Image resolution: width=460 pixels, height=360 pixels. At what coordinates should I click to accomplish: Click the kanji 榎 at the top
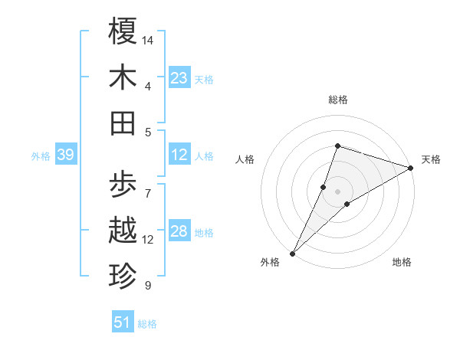click(123, 31)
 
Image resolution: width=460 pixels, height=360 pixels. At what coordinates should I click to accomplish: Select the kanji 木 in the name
click(123, 77)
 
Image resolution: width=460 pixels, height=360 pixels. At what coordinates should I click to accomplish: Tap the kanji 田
click(123, 123)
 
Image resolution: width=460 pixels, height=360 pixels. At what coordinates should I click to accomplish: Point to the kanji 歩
click(123, 185)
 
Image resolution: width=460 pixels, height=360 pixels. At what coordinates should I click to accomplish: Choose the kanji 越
click(123, 231)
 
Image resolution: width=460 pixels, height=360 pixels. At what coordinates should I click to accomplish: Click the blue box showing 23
click(179, 78)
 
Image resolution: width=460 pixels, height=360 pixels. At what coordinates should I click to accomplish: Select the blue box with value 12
click(179, 155)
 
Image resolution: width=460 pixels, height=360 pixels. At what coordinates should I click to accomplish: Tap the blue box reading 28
click(179, 232)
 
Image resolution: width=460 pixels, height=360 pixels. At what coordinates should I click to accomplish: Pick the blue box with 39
click(65, 155)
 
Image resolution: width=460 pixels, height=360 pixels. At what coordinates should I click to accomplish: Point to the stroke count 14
click(149, 39)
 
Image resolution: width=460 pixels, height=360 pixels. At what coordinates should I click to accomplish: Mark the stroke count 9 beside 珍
click(148, 286)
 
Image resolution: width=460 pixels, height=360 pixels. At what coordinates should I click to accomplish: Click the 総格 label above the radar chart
click(337, 100)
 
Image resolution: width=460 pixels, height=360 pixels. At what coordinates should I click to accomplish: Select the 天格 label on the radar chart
click(431, 159)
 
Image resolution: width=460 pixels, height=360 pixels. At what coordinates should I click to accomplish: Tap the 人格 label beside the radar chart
click(245, 159)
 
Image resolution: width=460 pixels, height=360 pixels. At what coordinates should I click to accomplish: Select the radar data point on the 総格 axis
click(337, 146)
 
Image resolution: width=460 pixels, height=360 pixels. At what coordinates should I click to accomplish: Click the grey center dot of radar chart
click(337, 191)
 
